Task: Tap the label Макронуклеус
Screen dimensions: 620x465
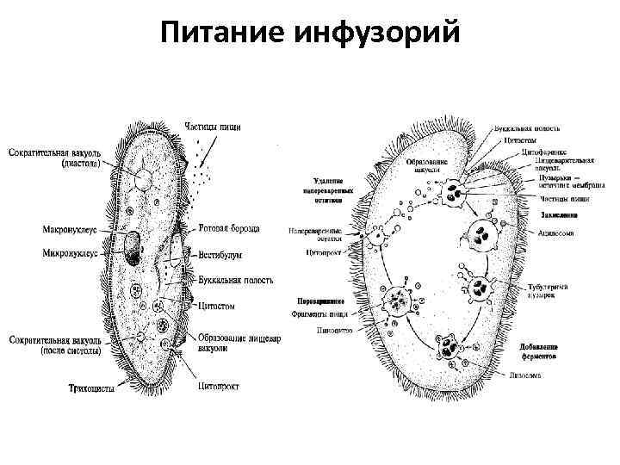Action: coord(76,230)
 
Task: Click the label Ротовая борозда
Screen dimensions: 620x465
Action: coord(228,229)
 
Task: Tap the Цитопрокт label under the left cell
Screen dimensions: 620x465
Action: coord(219,386)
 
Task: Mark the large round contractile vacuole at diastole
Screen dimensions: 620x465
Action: coord(143,180)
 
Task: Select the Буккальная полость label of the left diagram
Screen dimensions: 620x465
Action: coord(236,281)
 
